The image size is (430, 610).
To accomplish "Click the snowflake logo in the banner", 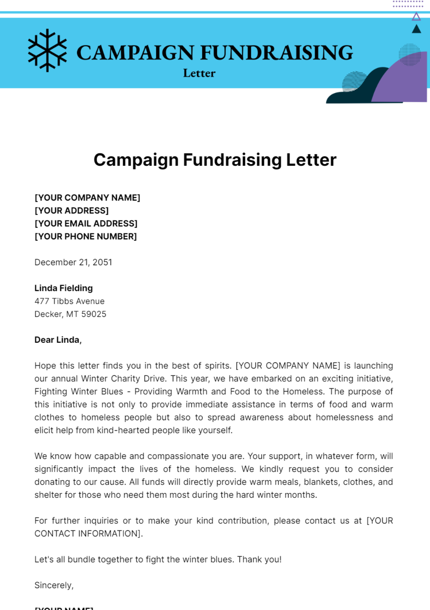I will tap(47, 51).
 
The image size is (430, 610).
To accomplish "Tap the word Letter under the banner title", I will tap(199, 73).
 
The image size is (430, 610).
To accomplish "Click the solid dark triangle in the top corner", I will tap(416, 29).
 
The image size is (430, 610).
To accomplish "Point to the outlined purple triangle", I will tap(416, 17).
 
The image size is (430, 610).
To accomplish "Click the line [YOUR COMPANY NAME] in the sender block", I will tap(87, 198).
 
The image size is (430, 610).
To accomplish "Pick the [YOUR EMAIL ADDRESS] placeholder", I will tap(86, 224).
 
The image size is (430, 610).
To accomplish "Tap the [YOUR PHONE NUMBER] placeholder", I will tap(86, 236).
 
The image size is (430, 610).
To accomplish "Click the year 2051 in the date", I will tap(102, 262).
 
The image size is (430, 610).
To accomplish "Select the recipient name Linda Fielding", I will tap(63, 288).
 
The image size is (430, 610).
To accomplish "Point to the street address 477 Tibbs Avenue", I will tap(70, 301).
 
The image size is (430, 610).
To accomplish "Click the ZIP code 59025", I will tap(94, 314).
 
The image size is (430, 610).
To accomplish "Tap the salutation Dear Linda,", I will tap(58, 340).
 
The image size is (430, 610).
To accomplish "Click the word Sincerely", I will tap(54, 585).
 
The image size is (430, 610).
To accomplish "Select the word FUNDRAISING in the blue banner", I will tap(276, 53).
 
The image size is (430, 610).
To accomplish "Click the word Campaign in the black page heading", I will tap(136, 160).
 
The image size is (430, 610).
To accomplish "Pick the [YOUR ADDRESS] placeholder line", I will tap(72, 211).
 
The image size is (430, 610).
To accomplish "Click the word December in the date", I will tap(56, 262).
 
